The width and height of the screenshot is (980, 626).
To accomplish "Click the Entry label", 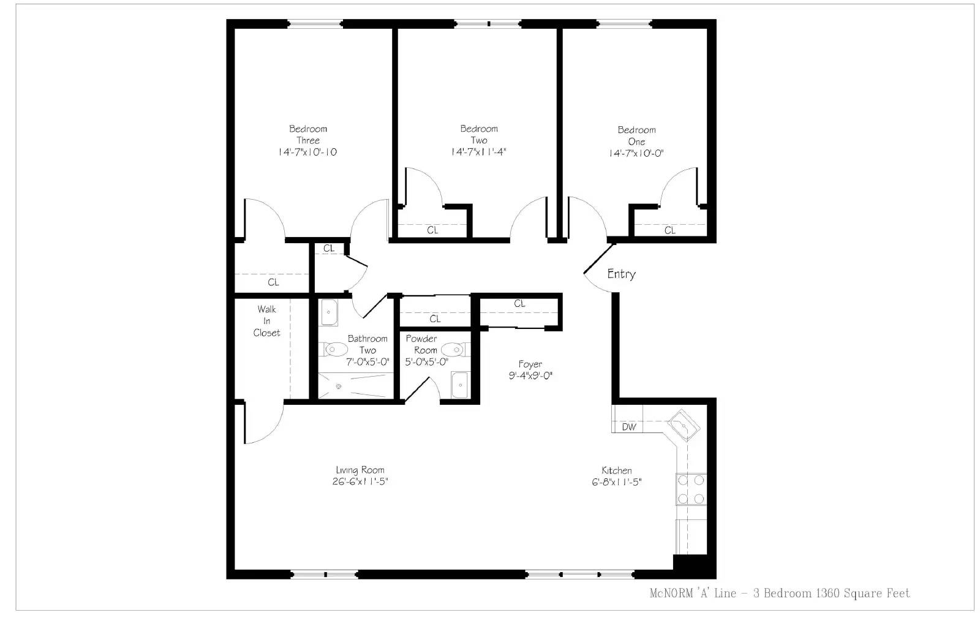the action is coord(621,274).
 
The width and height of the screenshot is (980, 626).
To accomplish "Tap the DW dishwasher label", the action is coord(629,427).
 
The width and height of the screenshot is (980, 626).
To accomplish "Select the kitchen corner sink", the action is coord(684,424).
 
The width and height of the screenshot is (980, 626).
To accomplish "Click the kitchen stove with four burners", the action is coord(691,489).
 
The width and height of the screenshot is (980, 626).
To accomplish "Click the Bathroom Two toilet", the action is coord(333,350).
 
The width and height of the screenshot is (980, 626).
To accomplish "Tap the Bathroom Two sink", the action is coord(328,312).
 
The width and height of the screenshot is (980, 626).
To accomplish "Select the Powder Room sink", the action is coord(459,385).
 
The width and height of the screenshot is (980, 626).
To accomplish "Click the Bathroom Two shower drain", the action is coord(338,387).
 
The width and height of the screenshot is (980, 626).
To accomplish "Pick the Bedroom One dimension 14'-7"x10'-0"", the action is coord(636,153).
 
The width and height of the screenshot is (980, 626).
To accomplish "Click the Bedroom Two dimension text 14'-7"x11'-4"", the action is coord(478,152).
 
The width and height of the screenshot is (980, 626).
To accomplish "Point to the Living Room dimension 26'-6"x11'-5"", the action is coord(360,481).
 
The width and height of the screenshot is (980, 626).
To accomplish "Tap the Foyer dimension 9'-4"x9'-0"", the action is coord(530,375).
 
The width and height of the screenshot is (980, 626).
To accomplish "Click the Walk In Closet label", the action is coord(266,321).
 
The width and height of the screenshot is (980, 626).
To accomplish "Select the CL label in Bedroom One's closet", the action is coord(670,230).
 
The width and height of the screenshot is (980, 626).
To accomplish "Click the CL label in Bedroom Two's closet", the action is coord(432,230).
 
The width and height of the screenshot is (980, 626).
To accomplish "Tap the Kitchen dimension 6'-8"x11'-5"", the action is coord(617,482).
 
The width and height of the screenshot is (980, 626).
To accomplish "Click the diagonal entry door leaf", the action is coord(600,258).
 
